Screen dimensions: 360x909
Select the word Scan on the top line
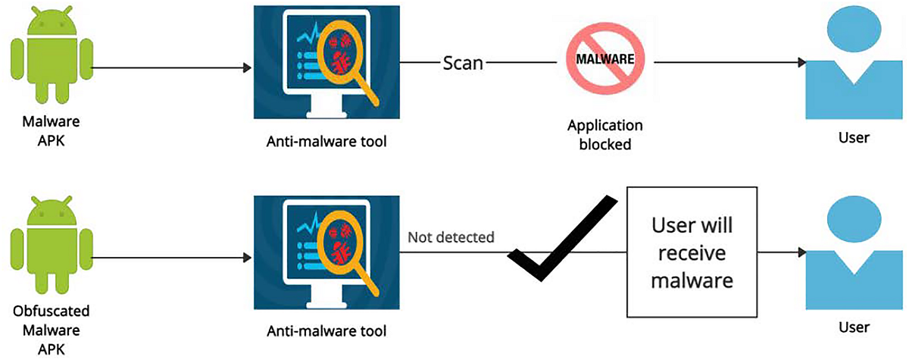click(463, 62)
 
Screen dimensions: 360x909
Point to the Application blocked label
click(604, 134)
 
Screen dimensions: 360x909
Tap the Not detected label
click(451, 237)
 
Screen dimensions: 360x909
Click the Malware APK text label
click(52, 130)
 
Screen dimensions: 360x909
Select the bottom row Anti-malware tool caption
click(326, 330)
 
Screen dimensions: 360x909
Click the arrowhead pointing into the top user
click(799, 64)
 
